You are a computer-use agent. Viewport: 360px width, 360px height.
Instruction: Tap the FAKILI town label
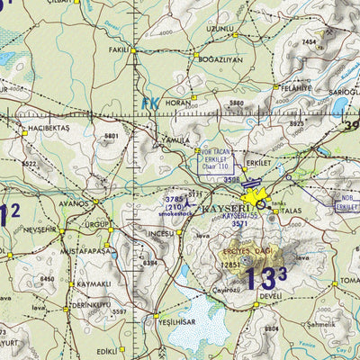119,51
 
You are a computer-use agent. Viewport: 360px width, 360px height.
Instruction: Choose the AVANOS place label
71,203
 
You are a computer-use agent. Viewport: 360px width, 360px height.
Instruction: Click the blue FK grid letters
149,103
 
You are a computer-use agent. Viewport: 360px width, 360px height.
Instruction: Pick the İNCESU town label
160,233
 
